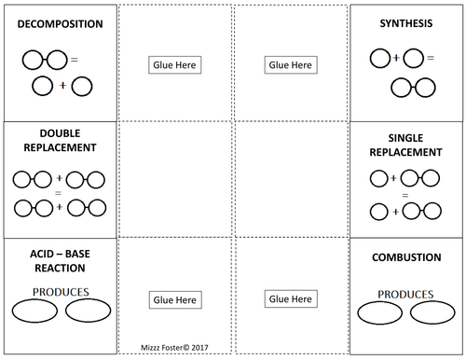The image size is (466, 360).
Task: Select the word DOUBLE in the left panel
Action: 58,133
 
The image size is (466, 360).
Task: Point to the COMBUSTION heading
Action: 406,257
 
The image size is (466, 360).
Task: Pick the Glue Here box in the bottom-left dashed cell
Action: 174,300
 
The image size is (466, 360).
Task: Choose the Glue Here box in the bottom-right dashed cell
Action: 290,299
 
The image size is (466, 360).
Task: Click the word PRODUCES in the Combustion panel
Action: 407,293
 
